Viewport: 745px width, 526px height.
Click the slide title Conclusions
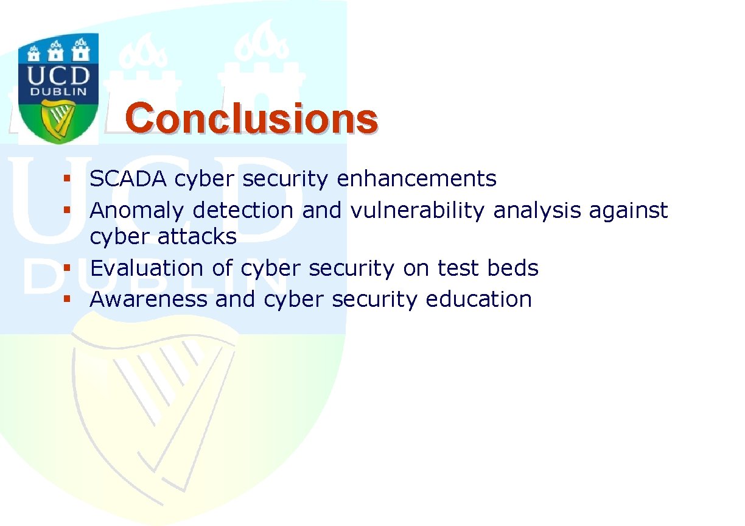251,118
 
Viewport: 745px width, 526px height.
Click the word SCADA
128,178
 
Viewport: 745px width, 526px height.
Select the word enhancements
416,178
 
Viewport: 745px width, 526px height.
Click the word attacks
197,236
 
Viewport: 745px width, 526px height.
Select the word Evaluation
147,268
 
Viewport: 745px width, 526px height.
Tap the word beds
512,268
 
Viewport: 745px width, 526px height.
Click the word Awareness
149,299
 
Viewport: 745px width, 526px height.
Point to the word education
478,299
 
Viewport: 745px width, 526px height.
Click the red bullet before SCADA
67,178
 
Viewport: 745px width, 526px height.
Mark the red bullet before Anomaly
67,210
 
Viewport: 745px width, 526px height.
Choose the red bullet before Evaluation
67,268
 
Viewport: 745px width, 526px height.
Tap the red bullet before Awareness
67,299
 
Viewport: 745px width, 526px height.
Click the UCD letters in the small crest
58,76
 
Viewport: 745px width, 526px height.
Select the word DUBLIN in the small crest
58,92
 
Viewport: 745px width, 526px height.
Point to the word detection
243,210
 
